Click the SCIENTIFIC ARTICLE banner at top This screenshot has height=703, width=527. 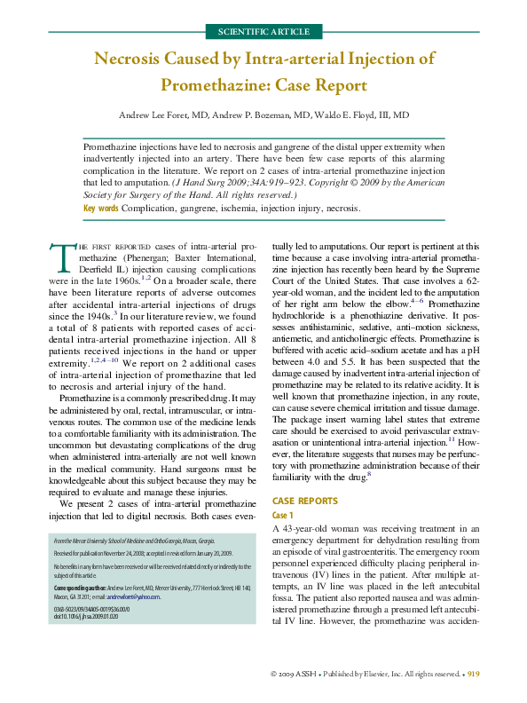263,32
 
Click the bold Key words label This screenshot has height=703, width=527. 100,208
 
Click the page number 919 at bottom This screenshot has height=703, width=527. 474,675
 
